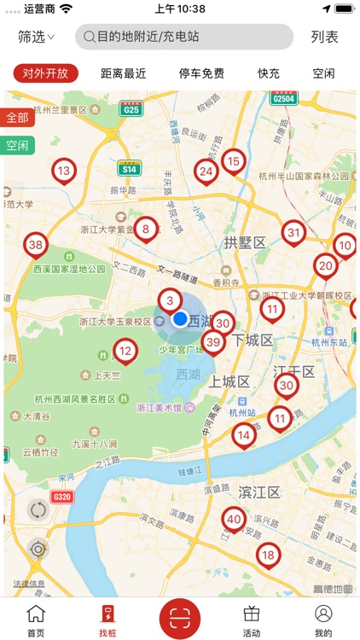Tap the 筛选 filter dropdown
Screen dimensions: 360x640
point(36,37)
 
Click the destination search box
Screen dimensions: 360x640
point(183,37)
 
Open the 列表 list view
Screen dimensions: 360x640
point(324,37)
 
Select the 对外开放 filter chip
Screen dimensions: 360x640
point(46,73)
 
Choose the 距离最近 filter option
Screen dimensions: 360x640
point(124,73)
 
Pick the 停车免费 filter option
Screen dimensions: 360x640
point(201,73)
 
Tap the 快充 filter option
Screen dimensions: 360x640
point(269,73)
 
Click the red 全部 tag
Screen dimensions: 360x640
point(17,117)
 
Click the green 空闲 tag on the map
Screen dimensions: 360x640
point(17,145)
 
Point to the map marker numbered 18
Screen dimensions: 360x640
point(268,556)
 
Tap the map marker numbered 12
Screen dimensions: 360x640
point(125,350)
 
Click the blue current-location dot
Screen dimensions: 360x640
point(180,318)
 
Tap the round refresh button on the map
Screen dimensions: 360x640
point(38,510)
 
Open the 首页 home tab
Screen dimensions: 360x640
point(36,619)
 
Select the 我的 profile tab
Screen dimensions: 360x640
point(323,619)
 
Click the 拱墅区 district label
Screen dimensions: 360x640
point(246,243)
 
